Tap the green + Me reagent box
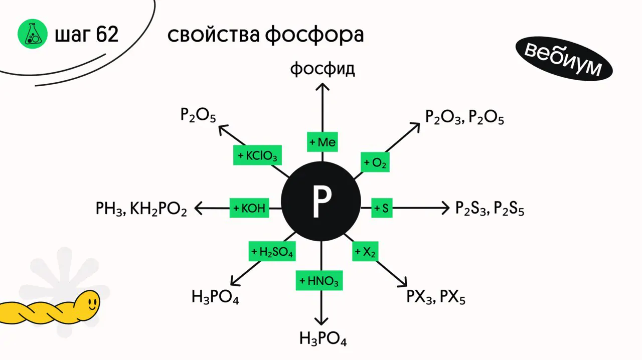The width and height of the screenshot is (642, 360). (x=322, y=142)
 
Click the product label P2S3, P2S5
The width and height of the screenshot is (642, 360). (x=490, y=208)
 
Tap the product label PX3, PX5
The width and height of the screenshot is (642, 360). (x=436, y=297)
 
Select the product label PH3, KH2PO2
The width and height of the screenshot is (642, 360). (x=141, y=209)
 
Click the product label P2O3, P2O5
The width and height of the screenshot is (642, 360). (x=464, y=117)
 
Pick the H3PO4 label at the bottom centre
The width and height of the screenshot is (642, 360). (x=323, y=338)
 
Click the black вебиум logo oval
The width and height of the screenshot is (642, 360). (x=564, y=58)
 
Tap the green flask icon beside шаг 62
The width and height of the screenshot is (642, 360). (x=33, y=34)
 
